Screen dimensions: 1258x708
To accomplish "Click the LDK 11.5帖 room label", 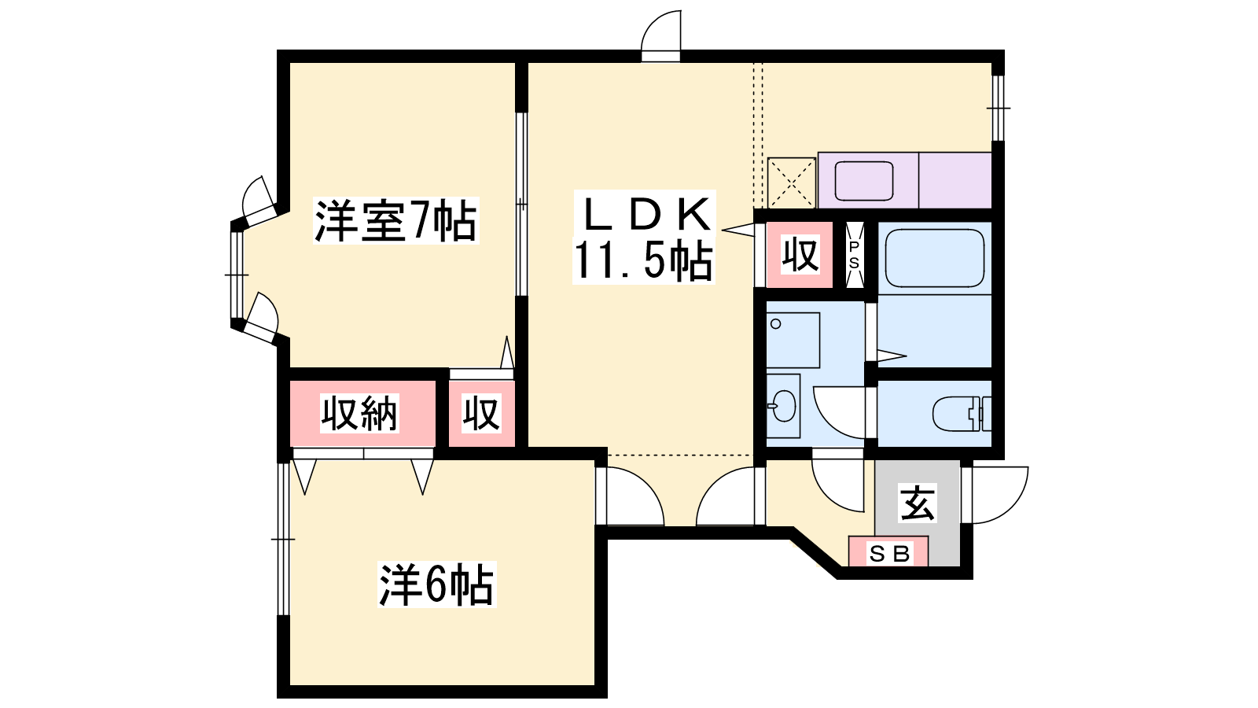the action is tap(644, 237).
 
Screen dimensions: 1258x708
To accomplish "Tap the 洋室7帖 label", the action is tap(396, 220).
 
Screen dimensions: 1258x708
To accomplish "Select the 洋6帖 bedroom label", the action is tap(437, 584).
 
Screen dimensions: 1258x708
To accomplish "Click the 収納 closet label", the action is tap(359, 414).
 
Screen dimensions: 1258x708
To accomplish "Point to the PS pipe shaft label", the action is tap(854, 255).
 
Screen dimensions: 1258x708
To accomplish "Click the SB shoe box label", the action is tap(889, 554).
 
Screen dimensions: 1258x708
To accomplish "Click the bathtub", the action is tap(935, 258).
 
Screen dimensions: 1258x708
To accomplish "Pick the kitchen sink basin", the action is tap(864, 180).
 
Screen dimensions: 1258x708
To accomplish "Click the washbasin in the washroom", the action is tap(784, 406).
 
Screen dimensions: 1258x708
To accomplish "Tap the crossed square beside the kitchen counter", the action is tap(791, 183).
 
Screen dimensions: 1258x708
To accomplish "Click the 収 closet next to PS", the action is tap(800, 255).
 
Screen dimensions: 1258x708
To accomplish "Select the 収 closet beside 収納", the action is tap(481, 414).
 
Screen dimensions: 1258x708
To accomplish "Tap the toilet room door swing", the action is tap(839, 412).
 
